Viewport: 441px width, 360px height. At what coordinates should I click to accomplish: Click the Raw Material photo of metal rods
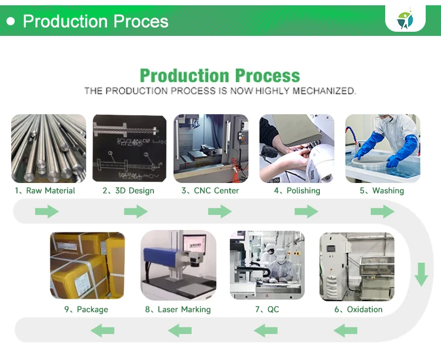point(48,148)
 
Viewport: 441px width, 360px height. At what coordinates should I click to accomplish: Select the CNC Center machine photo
point(211,148)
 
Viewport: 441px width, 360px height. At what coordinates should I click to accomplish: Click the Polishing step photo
point(296,148)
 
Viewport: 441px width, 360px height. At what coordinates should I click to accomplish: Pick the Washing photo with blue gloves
point(382,148)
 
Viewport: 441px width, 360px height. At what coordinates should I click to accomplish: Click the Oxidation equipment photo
point(356,266)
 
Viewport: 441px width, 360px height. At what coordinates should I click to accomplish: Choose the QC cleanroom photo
point(267,266)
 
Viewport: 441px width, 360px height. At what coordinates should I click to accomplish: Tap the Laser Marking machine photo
point(178,266)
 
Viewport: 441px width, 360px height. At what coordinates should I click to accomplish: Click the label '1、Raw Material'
point(45,191)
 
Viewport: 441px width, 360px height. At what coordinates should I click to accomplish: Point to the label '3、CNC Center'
point(211,191)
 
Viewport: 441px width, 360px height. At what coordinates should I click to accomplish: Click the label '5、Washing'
point(382,191)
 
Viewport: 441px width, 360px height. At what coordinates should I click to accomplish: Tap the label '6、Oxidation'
point(358,309)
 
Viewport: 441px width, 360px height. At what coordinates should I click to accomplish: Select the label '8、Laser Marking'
point(178,309)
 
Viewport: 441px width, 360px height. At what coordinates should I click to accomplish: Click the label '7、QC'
point(267,309)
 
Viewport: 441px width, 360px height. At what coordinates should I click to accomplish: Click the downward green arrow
point(421,275)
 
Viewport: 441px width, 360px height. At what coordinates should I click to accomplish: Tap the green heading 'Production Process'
point(220,76)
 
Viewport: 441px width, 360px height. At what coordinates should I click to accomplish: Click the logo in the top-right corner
point(406,19)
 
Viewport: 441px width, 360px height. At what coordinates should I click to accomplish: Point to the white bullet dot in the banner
point(11,21)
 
